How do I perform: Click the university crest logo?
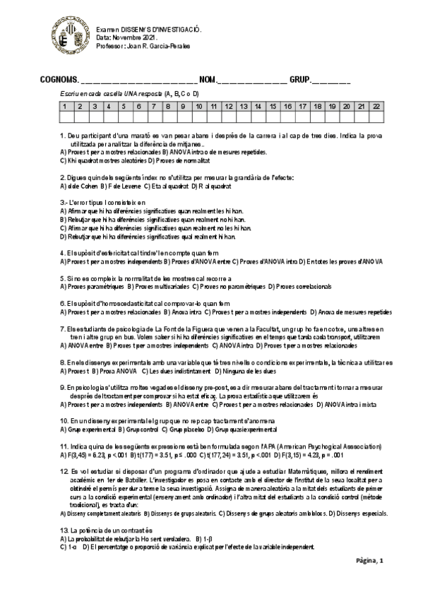[x=68, y=38]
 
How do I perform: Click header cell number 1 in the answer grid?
[x=64, y=106]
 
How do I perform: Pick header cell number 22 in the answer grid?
[x=377, y=106]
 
